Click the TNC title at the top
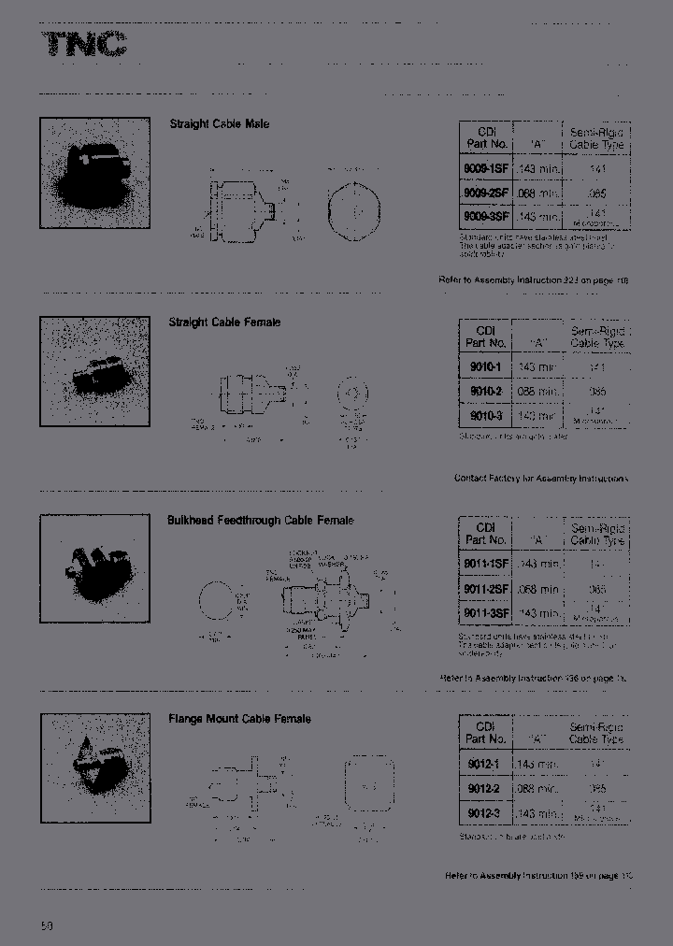click(x=84, y=45)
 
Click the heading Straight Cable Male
click(x=219, y=123)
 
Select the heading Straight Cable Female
click(x=224, y=322)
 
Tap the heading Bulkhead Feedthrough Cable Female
click(x=260, y=521)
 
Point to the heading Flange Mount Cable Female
click(x=239, y=719)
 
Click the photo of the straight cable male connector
click(x=94, y=173)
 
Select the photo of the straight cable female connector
click(x=94, y=372)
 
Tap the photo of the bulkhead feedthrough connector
click(x=94, y=570)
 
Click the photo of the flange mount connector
click(x=94, y=768)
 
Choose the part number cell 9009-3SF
click(x=486, y=216)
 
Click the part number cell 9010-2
click(x=486, y=392)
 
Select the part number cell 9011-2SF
click(x=486, y=590)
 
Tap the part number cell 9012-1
click(x=486, y=764)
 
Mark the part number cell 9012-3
click(x=486, y=813)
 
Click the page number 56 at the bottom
click(x=47, y=926)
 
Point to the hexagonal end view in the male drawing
click(x=354, y=211)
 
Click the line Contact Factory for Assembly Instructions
click(x=540, y=479)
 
